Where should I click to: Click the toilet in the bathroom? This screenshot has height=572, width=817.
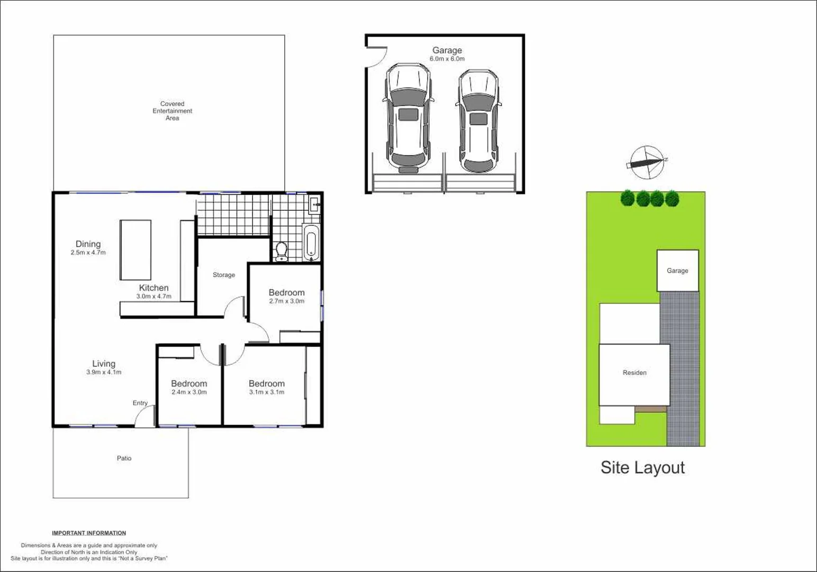pos(282,251)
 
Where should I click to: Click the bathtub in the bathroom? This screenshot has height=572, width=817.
pos(311,243)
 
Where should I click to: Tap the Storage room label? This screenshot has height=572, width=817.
pos(224,275)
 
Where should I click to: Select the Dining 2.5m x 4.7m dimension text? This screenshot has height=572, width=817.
pos(88,253)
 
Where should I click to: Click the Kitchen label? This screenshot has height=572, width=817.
pos(153,288)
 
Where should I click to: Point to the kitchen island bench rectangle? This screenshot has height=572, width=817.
pos(135,250)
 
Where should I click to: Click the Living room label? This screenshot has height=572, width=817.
pos(104,363)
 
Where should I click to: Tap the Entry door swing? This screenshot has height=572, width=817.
pos(144,417)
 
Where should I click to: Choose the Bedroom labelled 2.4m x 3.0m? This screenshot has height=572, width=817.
pos(189,387)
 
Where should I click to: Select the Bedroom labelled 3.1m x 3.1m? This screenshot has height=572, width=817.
pos(267,387)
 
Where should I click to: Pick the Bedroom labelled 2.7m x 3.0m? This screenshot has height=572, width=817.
pos(286,296)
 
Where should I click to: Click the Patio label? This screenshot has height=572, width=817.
pos(124,458)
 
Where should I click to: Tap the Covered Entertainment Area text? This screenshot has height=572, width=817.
pos(173,111)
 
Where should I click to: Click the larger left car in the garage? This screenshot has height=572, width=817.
pos(408,118)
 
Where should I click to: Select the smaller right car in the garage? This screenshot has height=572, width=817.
pos(478,121)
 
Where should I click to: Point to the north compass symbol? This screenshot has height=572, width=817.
pos(647,162)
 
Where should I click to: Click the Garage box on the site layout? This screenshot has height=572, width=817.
pos(677,271)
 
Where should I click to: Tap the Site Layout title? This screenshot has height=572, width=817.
pos(642,468)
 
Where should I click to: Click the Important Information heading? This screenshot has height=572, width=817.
pos(89,533)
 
